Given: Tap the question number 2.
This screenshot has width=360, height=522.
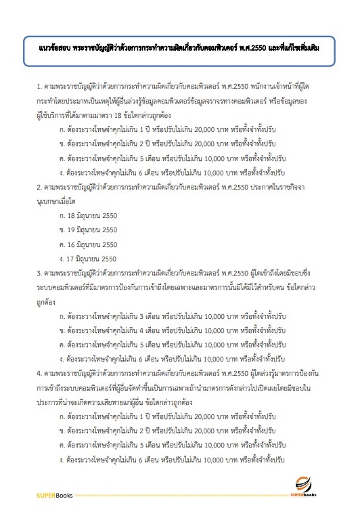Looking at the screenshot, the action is (x=39, y=185).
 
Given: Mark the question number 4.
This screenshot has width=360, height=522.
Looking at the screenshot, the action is (x=39, y=371).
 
